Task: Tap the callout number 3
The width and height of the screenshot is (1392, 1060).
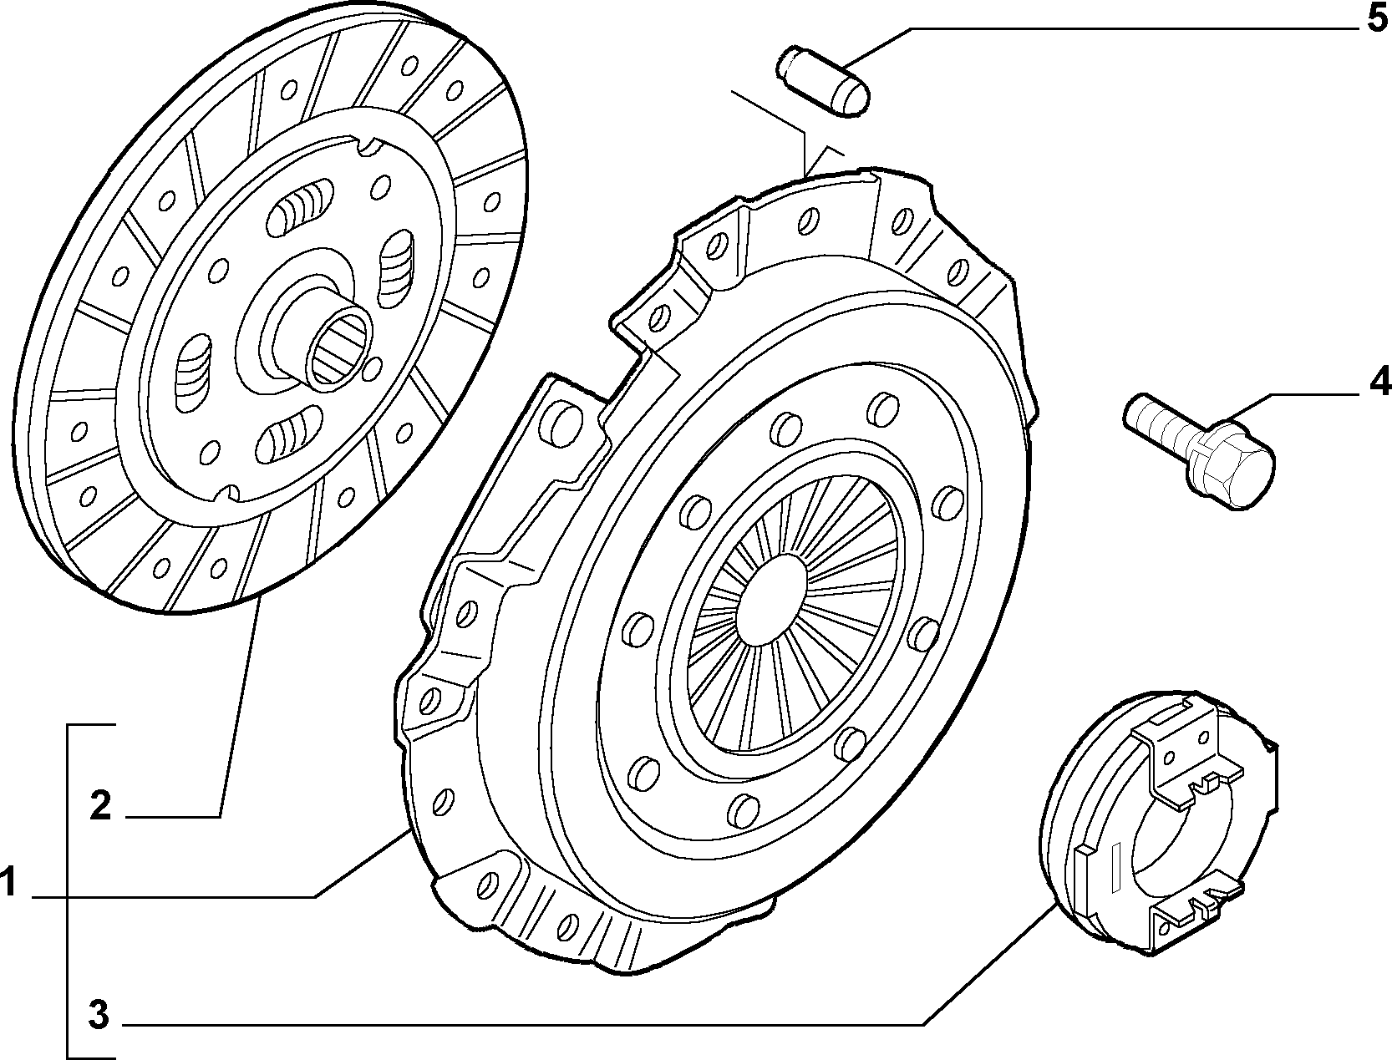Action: tap(99, 1015)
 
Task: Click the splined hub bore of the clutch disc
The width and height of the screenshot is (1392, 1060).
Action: tap(341, 347)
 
